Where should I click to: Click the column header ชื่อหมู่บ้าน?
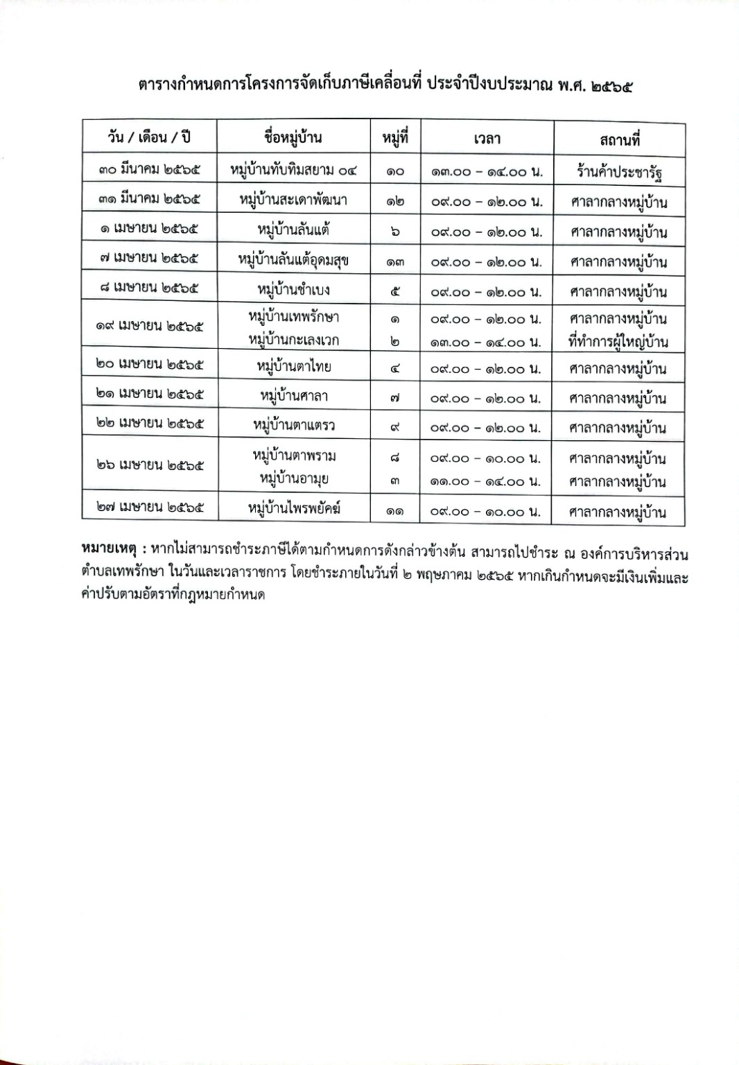(x=293, y=137)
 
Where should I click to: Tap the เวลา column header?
(x=487, y=139)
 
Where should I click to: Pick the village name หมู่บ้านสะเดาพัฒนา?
(x=293, y=200)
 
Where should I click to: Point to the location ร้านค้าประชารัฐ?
(x=620, y=171)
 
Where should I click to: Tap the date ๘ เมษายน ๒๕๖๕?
(x=149, y=288)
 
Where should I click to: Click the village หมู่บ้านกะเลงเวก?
(x=293, y=340)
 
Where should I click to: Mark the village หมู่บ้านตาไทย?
(x=293, y=366)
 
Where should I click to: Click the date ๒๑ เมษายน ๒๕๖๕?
(x=150, y=395)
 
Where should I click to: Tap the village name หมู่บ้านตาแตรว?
(x=293, y=425)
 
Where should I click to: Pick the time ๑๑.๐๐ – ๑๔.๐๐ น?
(x=485, y=481)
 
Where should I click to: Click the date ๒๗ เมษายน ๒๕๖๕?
(x=150, y=509)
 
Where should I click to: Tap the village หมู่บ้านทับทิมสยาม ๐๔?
(x=293, y=170)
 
